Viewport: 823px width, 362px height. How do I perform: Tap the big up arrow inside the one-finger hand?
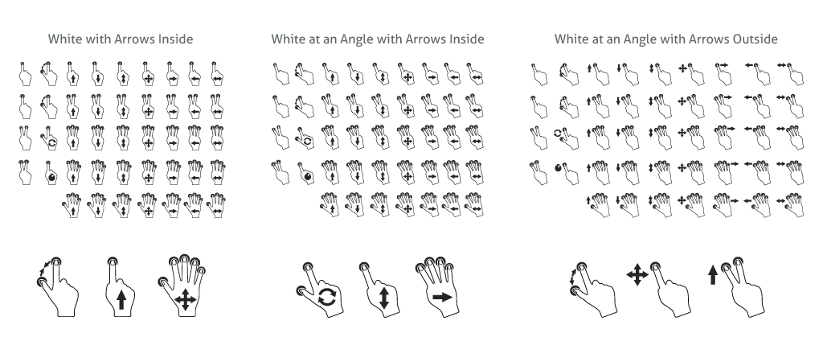121,300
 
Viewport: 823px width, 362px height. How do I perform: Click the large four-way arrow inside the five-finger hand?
185,301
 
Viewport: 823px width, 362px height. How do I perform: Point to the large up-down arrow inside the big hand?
383,298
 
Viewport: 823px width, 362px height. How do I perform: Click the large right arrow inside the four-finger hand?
442,298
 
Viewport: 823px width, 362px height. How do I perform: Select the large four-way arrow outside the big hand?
637,275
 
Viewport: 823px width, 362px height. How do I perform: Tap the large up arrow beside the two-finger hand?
713,275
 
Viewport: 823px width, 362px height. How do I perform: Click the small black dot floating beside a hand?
558,168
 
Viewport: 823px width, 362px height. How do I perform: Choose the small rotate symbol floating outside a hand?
558,134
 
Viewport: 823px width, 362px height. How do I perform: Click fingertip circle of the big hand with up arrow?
113,261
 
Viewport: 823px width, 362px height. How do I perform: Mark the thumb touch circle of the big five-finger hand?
163,282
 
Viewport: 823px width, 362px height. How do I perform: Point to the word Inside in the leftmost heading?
176,39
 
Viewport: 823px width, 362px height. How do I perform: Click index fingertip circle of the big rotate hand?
308,267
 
